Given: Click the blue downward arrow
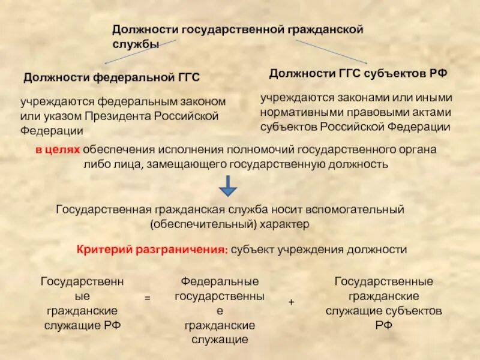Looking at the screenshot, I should (x=229, y=186).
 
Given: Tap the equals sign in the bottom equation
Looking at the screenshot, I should (x=146, y=297).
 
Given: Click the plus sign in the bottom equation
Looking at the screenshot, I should (x=291, y=303).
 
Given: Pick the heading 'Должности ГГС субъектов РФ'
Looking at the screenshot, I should (x=358, y=73).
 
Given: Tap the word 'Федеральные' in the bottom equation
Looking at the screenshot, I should (x=220, y=281).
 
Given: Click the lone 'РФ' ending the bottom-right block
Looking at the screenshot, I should (x=383, y=325).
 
